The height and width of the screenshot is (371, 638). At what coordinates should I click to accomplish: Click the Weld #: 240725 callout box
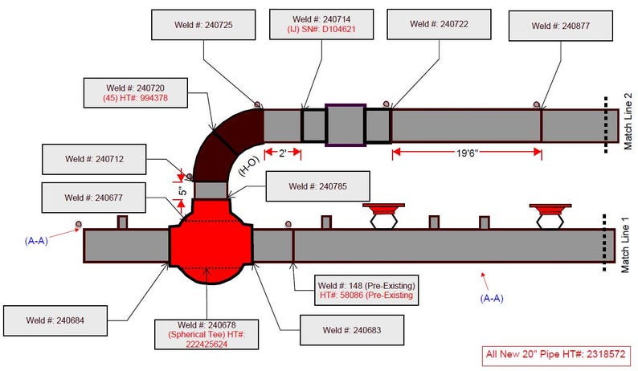(203, 25)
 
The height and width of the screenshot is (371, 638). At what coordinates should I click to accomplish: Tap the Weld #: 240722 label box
(439, 24)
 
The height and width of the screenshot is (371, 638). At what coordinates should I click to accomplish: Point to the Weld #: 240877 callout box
(561, 26)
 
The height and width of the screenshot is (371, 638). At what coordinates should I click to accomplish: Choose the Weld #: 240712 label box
(94, 159)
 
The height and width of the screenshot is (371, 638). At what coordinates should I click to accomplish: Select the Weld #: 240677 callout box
(93, 198)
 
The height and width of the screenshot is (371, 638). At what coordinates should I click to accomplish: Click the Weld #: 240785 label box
(317, 186)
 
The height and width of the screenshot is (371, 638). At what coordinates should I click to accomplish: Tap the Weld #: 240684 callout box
(55, 320)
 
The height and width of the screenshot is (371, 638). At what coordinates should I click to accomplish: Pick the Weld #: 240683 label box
(352, 330)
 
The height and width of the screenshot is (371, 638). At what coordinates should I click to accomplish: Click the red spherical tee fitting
(211, 241)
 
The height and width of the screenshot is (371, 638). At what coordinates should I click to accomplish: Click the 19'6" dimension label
(467, 153)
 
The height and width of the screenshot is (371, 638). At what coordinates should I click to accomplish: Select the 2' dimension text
(282, 153)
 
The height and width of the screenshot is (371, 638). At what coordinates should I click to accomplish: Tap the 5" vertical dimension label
(182, 191)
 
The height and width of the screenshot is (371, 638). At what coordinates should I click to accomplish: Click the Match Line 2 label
(628, 121)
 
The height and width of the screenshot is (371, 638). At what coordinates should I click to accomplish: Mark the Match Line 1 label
(625, 244)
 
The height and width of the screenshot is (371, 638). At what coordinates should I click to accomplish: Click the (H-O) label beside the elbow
(248, 166)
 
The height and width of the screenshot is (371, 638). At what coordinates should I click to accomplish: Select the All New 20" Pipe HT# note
(555, 354)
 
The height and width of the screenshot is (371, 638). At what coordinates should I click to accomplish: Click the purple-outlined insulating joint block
(346, 125)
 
